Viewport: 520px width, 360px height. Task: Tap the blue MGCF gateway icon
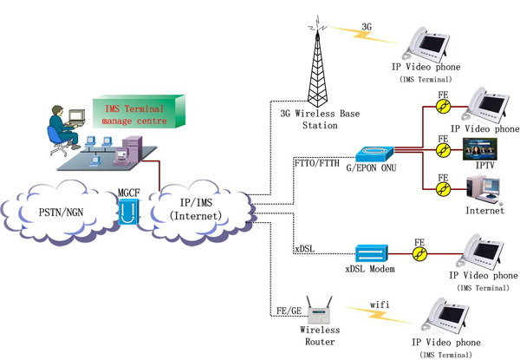point(128,210)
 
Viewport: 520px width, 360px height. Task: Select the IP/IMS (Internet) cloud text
point(196,209)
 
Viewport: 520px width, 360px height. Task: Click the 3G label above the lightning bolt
point(367,27)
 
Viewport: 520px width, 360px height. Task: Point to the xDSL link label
point(304,250)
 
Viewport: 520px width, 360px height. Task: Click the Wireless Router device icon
point(320,311)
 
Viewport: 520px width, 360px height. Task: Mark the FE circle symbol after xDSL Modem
point(419,254)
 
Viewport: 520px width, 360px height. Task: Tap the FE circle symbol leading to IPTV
point(444,151)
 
